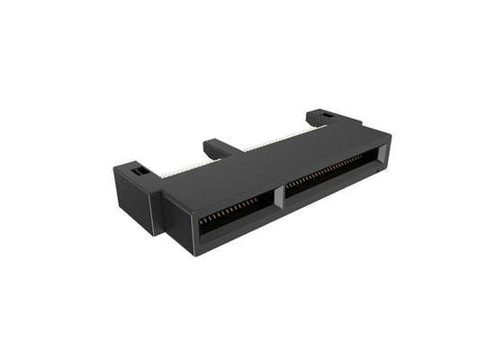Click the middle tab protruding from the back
(x=220, y=146)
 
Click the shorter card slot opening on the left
(x=231, y=216)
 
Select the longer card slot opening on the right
(x=328, y=179)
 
